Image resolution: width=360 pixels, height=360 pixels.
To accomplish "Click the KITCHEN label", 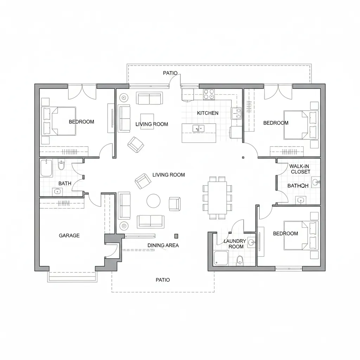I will click(207, 113).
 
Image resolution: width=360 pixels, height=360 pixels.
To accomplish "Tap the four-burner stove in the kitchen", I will click(209, 94).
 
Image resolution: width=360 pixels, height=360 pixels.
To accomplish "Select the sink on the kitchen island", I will click(198, 129).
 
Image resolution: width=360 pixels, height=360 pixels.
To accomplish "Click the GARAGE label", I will click(69, 236).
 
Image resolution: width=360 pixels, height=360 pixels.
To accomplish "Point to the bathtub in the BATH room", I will click(46, 168).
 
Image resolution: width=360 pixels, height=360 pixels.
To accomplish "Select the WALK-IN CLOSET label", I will click(300, 169).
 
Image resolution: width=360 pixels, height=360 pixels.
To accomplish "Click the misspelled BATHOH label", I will click(298, 186).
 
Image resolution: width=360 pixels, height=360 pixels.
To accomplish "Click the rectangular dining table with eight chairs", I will click(217, 198).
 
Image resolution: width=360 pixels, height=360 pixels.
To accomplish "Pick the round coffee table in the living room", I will click(154, 201).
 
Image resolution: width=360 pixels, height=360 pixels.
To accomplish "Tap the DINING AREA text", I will click(163, 245).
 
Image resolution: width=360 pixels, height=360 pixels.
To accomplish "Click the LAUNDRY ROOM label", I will click(234, 244).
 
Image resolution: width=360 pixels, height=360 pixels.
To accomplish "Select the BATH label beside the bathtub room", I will click(65, 183).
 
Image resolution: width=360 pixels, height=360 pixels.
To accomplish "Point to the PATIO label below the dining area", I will click(162, 280).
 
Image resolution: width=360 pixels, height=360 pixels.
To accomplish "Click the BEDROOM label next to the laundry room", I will click(285, 233).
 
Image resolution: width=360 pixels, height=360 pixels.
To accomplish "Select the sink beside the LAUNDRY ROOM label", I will click(251, 242).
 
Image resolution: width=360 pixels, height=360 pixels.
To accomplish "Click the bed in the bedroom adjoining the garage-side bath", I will click(59, 121).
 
